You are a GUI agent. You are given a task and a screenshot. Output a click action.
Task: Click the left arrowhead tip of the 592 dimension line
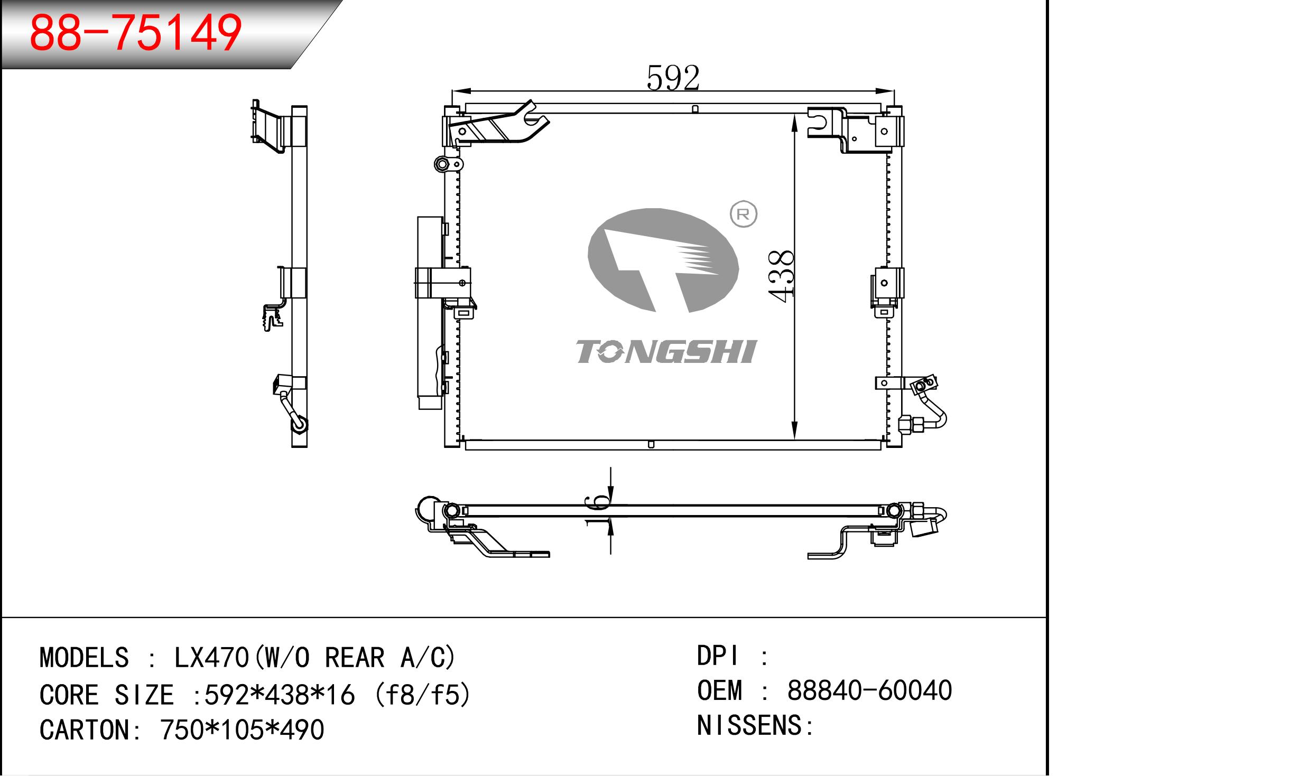point(452,92)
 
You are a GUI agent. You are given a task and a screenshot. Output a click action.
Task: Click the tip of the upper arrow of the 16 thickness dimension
point(610,504)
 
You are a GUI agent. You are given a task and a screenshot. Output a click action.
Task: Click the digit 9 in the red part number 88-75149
point(225,33)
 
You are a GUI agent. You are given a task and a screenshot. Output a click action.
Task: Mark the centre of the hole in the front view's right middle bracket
point(884,283)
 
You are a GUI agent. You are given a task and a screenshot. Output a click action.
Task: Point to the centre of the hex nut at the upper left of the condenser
point(442,164)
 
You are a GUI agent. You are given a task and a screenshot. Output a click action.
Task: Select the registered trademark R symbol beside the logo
point(743,214)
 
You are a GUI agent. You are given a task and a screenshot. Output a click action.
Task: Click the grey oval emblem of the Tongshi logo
point(663,260)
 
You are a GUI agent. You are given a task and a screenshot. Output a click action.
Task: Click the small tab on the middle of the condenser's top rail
point(695,109)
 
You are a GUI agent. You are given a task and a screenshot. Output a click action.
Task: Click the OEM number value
point(869,690)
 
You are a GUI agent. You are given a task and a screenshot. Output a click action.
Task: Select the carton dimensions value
point(242,730)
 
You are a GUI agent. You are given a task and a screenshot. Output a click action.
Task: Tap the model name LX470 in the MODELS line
point(212,658)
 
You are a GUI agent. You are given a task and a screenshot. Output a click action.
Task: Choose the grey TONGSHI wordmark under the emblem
point(666,351)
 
